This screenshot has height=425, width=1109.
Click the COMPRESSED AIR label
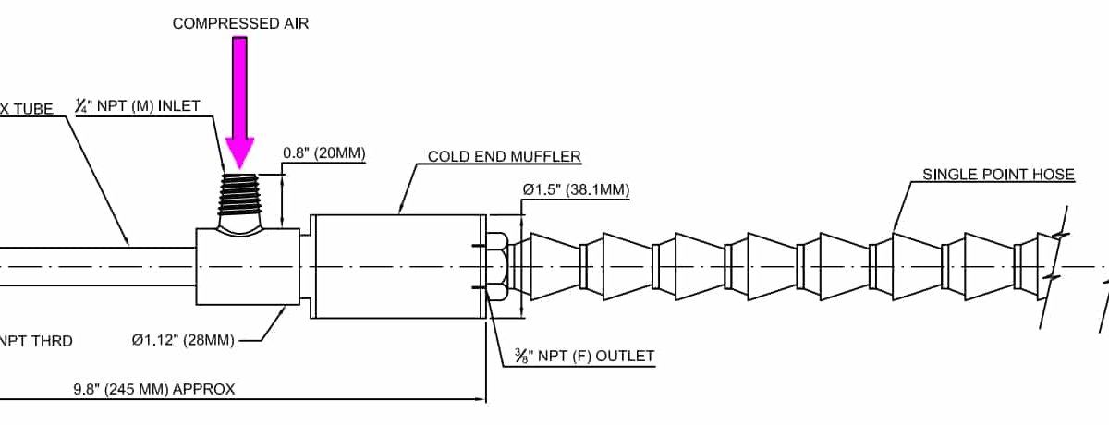tap(240, 24)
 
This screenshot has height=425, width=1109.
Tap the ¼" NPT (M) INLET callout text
tap(137, 106)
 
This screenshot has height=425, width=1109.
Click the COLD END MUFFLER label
tap(504, 156)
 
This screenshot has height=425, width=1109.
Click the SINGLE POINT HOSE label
tap(998, 175)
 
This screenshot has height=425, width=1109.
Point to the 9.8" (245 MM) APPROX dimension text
tap(154, 389)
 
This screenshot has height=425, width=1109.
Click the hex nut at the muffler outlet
tap(497, 266)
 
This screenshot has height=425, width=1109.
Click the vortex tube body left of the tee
tap(92, 266)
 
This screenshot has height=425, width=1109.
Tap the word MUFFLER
tap(549, 156)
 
